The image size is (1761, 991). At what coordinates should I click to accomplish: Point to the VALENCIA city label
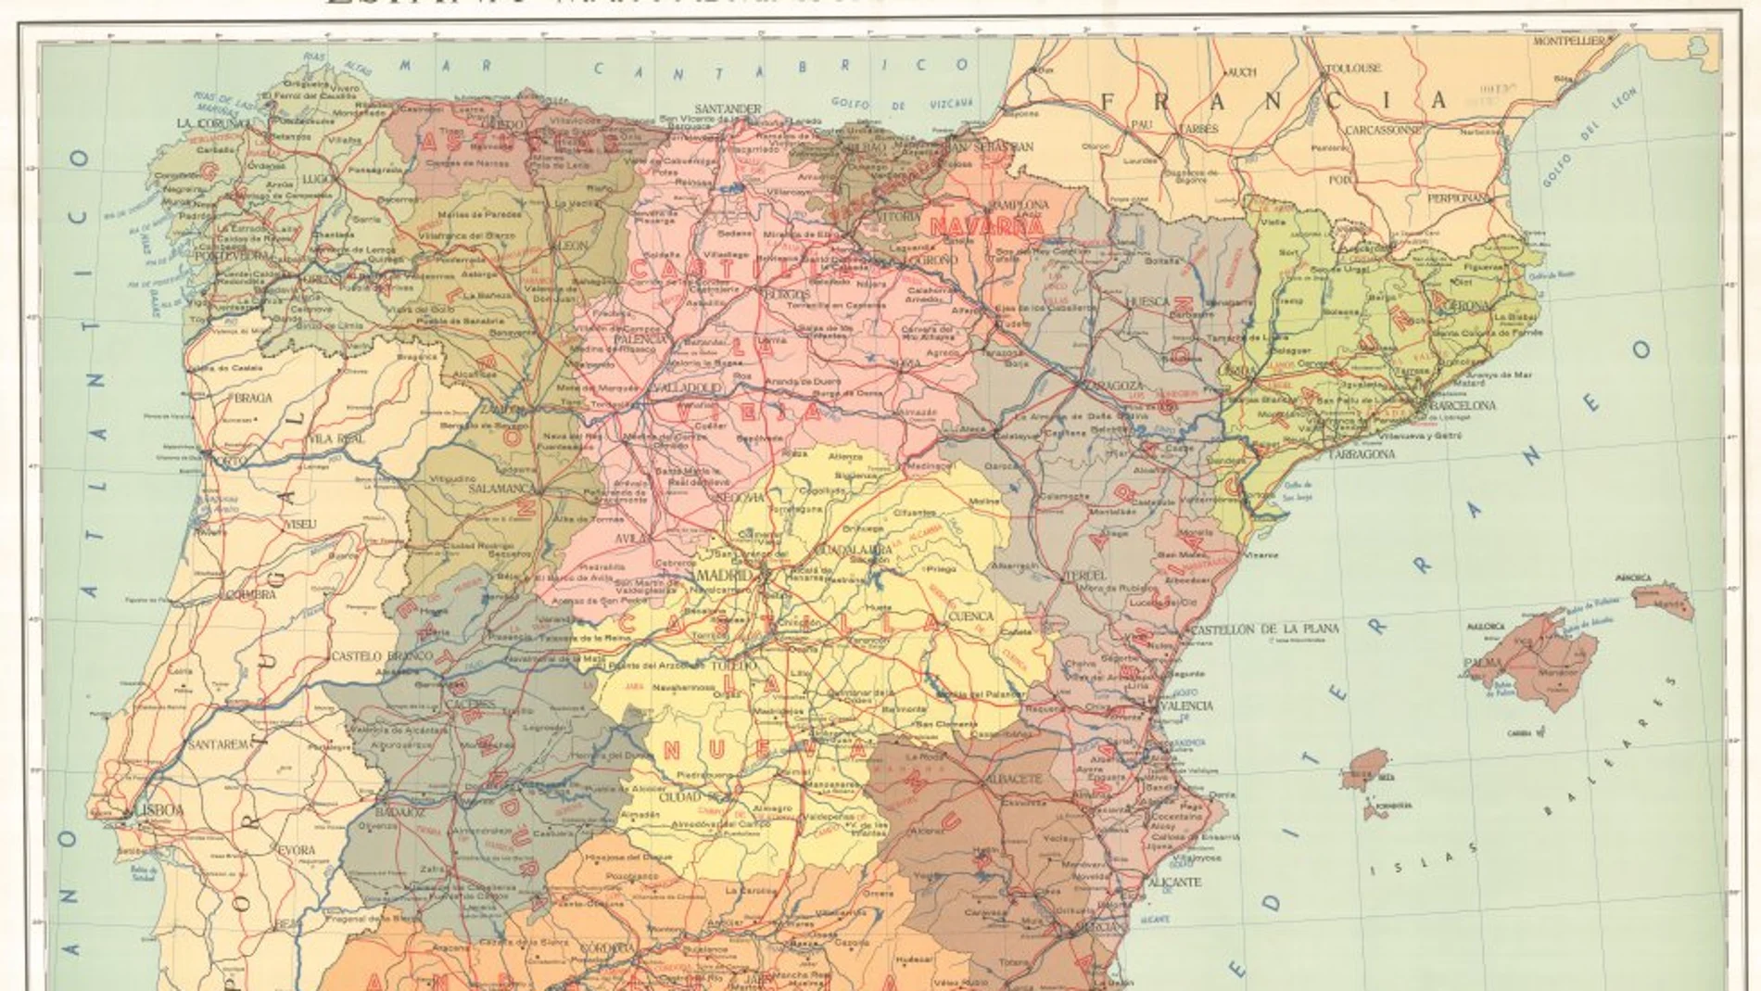click(1186, 705)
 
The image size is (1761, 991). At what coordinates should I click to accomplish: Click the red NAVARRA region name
click(986, 226)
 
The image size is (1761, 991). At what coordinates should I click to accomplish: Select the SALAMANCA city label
click(500, 488)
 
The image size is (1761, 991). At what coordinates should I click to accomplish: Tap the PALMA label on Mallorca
click(1482, 663)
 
